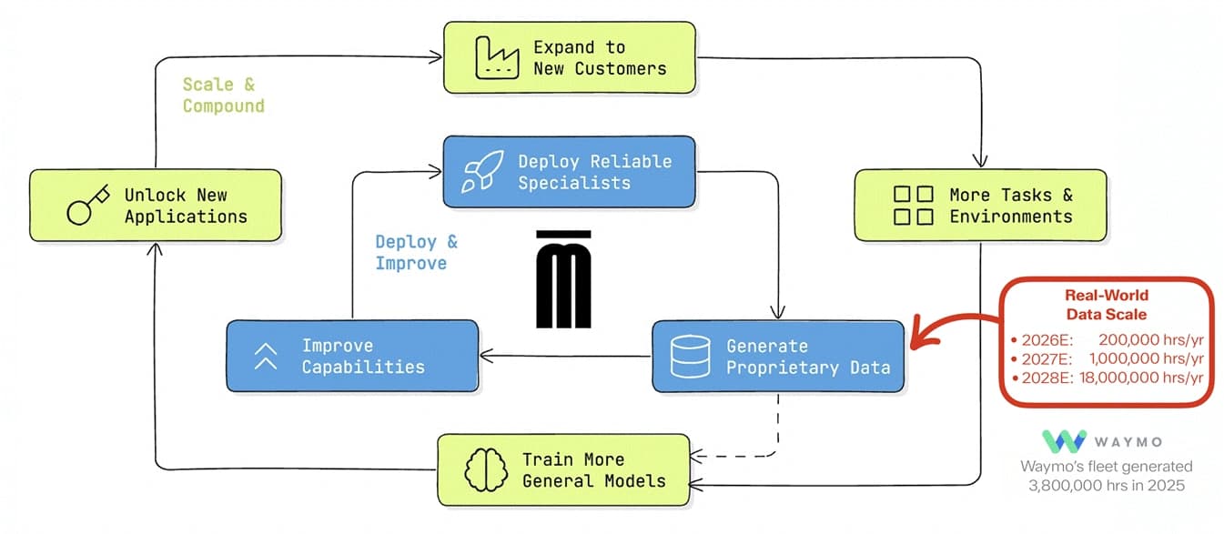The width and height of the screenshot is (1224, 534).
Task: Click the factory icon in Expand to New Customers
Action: pos(497,58)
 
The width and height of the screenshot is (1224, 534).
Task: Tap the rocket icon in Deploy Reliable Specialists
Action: pos(482,171)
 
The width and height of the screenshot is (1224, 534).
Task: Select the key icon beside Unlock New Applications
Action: pos(88,205)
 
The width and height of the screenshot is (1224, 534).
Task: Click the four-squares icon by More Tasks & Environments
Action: pos(913,206)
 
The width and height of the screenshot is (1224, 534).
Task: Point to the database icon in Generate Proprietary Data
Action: pos(690,357)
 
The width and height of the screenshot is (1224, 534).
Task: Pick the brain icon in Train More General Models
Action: pos(486,469)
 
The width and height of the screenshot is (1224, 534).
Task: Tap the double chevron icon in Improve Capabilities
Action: pos(266,357)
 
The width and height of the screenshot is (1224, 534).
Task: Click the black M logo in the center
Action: pos(563,279)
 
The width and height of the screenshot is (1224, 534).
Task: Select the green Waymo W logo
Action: pos(1064,441)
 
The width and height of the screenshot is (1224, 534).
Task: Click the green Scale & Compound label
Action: pos(224,95)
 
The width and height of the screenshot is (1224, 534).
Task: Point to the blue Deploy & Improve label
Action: pos(417,252)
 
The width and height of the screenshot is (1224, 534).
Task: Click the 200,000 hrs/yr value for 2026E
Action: pos(1151,339)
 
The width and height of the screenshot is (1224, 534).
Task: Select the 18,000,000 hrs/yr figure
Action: pos(1141,378)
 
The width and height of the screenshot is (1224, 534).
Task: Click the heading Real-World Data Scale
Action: pos(1107,305)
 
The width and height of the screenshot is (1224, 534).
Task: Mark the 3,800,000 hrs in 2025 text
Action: pos(1107,486)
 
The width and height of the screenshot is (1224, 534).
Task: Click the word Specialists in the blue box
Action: pos(574,183)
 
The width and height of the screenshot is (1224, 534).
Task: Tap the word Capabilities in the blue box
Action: pos(363,367)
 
